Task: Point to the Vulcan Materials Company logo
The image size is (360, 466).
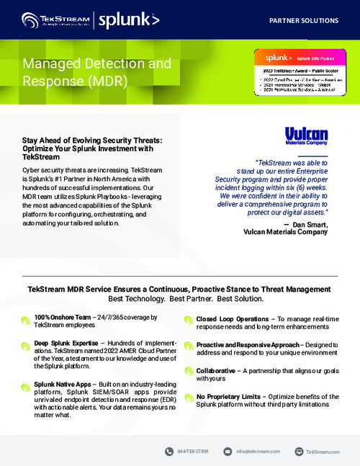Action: (306, 138)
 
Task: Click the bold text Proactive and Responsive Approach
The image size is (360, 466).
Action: (250, 344)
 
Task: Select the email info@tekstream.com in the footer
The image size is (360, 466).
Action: (258, 451)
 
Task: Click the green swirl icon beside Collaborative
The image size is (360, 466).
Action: (187, 372)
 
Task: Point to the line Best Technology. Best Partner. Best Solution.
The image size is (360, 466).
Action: (179, 298)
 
